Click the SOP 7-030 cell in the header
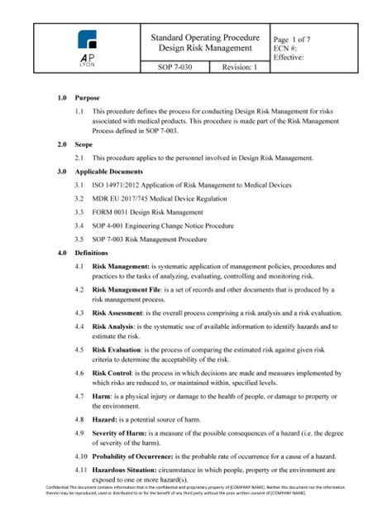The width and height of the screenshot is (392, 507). pos(172,67)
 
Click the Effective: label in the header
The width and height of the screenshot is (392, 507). pos(290,58)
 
